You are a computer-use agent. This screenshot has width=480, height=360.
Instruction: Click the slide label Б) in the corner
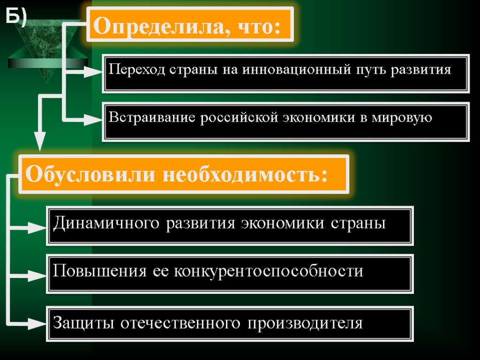16,17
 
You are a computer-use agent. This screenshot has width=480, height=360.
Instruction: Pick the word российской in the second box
239,117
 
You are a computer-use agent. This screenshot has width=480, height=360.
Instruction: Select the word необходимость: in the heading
244,175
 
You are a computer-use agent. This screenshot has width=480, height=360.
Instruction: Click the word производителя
305,323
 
